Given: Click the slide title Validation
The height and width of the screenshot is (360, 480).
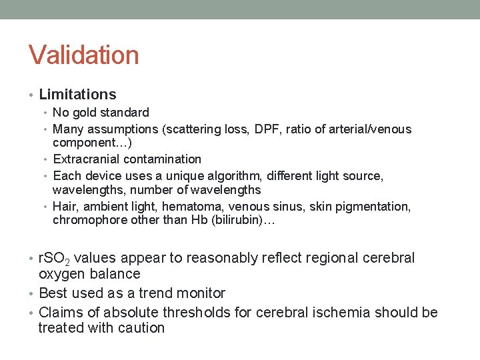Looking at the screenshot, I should click(x=83, y=55).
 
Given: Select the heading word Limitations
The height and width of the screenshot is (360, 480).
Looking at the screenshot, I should click(x=77, y=95).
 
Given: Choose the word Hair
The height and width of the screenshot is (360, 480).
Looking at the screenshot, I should click(x=65, y=207).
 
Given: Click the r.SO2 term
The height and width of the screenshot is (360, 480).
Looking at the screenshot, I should click(x=55, y=259).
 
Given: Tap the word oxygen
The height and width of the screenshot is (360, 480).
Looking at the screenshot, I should click(x=61, y=274).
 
